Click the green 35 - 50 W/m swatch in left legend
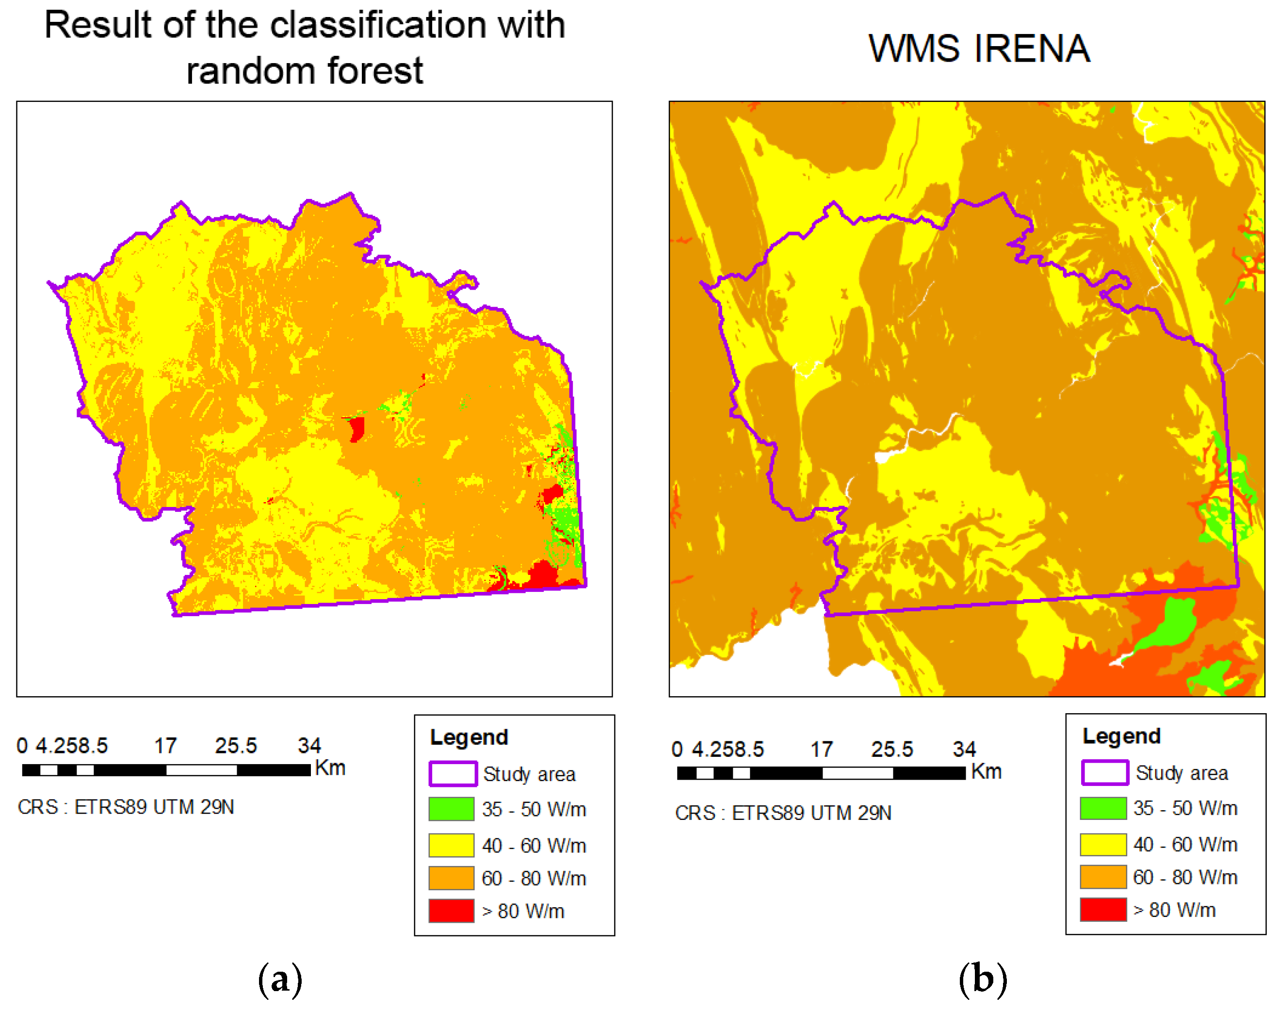point(451,809)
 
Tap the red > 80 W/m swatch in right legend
point(1102,909)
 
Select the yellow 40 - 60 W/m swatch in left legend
point(451,845)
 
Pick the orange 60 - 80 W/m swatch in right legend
point(1102,876)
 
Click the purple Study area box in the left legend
point(453,774)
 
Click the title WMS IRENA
point(979,49)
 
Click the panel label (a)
point(280,979)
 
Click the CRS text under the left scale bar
point(126,807)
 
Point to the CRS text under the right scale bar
point(782,813)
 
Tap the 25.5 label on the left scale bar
point(236,745)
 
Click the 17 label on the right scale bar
point(821,750)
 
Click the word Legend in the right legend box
point(1121,736)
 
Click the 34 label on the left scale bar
point(309,745)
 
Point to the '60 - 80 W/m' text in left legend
point(533,878)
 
